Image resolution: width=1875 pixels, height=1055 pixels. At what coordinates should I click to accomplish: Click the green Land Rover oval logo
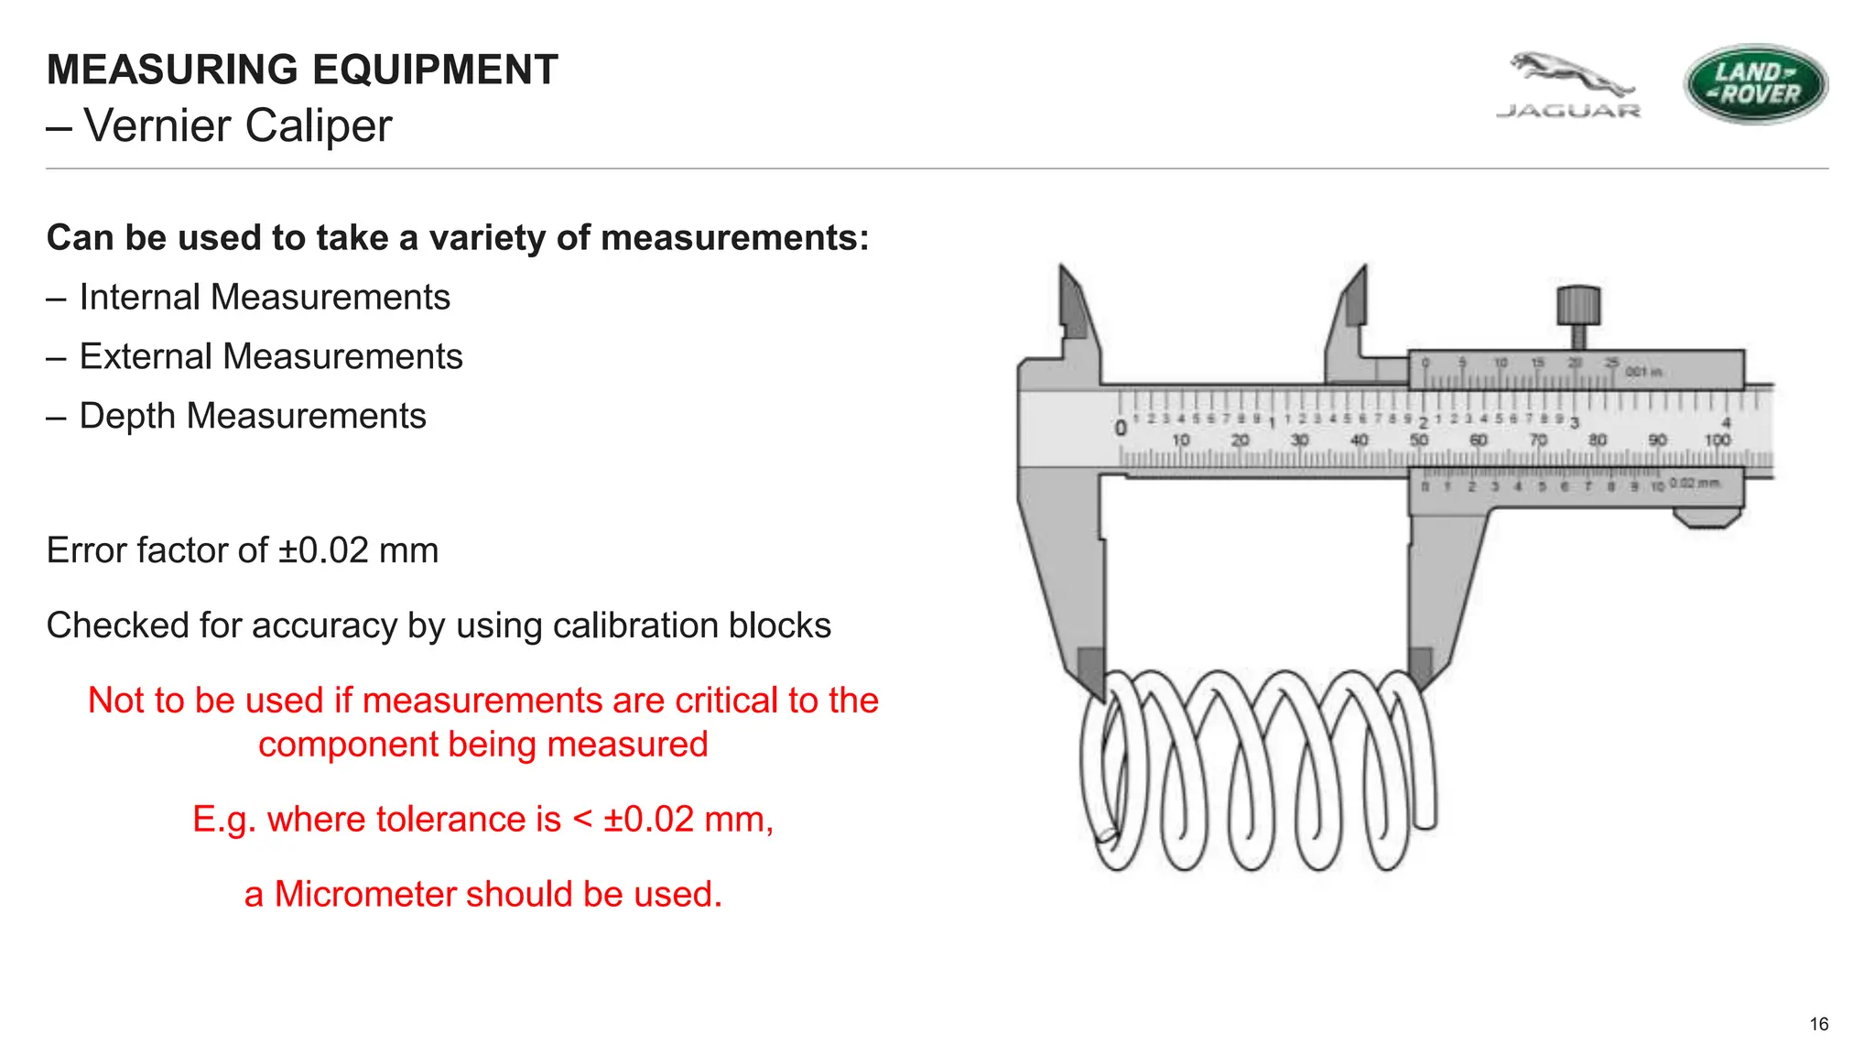(x=1755, y=83)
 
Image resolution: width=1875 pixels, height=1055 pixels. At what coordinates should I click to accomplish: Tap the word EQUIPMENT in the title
(x=434, y=71)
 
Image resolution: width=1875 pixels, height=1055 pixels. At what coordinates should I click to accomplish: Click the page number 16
(x=1818, y=1024)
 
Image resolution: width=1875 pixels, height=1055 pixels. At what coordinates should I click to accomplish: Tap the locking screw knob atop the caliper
(x=1578, y=306)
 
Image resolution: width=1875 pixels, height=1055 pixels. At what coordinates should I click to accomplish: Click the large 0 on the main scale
(x=1121, y=428)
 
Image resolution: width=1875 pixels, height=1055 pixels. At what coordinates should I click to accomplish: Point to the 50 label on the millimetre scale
(x=1419, y=440)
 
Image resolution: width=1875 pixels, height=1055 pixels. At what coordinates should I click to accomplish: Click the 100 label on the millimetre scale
(x=1718, y=440)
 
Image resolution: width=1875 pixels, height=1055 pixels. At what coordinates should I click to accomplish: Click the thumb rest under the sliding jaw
(x=1707, y=519)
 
